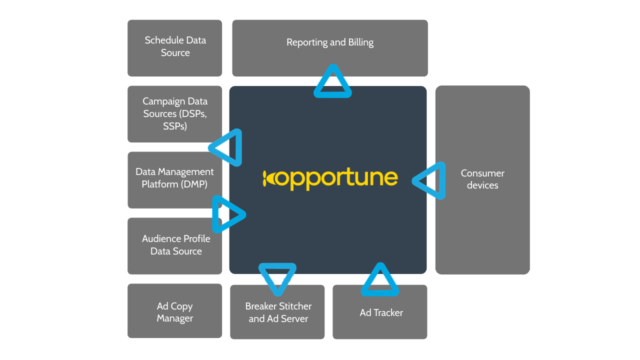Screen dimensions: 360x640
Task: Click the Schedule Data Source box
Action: click(x=174, y=48)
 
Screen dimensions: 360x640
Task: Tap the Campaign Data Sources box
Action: click(x=174, y=113)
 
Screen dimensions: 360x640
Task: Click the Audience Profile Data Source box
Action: click(x=174, y=245)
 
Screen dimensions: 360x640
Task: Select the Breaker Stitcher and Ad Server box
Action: click(x=277, y=312)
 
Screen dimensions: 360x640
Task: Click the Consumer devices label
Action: click(x=482, y=179)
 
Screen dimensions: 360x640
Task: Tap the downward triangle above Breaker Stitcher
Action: click(x=278, y=276)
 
